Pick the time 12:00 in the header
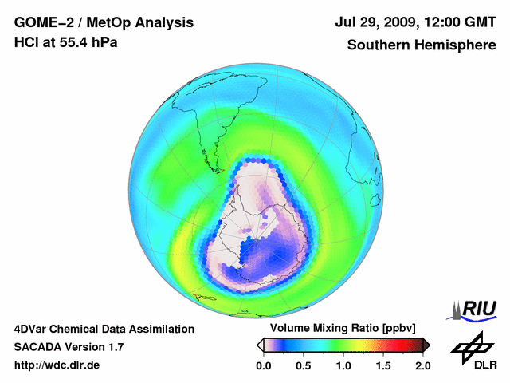pyautogui.click(x=437, y=22)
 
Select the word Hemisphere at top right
pyautogui.click(x=456, y=45)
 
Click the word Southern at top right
pyautogui.click(x=377, y=45)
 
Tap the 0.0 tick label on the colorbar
pyautogui.click(x=263, y=365)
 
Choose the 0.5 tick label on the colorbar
pyautogui.click(x=303, y=365)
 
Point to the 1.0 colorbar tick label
pyautogui.click(x=343, y=365)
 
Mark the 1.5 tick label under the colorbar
pyautogui.click(x=383, y=365)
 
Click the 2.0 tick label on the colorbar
pyautogui.click(x=423, y=365)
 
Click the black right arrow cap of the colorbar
pyautogui.click(x=426, y=345)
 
